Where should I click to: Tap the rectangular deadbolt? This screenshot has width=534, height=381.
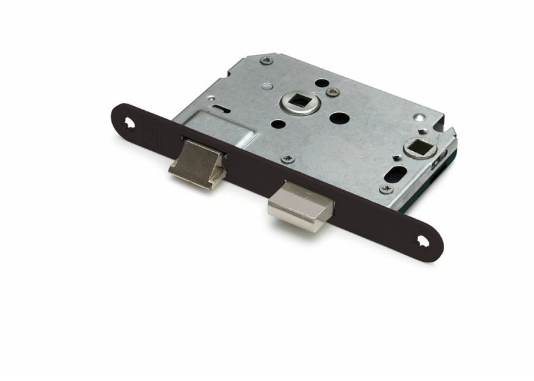[300, 208]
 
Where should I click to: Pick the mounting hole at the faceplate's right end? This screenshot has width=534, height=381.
[423, 241]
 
